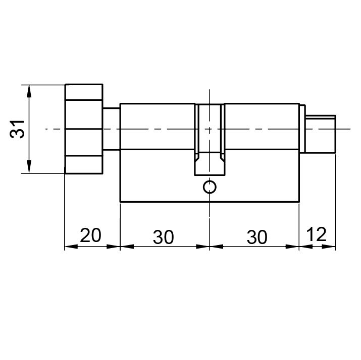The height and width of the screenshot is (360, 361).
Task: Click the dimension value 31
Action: pyautogui.click(x=17, y=129)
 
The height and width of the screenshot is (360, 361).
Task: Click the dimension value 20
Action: pyautogui.click(x=90, y=235)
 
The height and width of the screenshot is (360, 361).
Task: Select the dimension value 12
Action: pyautogui.click(x=317, y=234)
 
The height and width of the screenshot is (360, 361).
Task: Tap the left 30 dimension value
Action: pyautogui.click(x=163, y=237)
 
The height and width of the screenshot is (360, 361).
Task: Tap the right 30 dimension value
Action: pyautogui.click(x=257, y=237)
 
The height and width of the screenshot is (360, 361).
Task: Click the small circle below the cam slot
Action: pyautogui.click(x=210, y=187)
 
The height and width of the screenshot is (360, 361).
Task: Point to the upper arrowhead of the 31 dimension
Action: pyautogui.click(x=29, y=91)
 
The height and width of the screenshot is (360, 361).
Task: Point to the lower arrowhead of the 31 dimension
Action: pyautogui.click(x=29, y=166)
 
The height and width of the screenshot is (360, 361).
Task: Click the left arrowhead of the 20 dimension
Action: pyautogui.click(x=71, y=247)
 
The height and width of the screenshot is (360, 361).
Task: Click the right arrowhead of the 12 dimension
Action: pyautogui.click(x=329, y=247)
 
